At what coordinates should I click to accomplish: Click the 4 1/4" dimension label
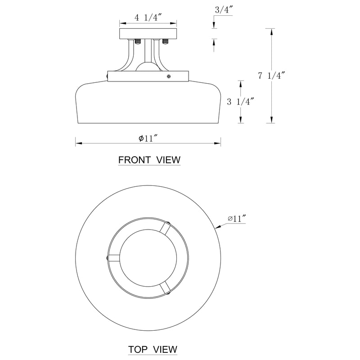(x=148, y=18)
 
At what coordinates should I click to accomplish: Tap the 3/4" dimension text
(x=224, y=10)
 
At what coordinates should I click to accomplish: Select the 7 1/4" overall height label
(x=272, y=76)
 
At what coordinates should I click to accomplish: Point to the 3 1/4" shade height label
(x=241, y=102)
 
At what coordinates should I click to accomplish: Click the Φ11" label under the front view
(x=148, y=138)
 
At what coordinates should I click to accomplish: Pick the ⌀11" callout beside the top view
(x=237, y=219)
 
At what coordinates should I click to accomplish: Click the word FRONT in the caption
(x=135, y=160)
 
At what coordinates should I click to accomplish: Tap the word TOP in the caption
(x=138, y=350)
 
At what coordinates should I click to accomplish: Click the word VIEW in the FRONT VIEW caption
(x=168, y=160)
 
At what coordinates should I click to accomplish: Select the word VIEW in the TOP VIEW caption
(x=165, y=350)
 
